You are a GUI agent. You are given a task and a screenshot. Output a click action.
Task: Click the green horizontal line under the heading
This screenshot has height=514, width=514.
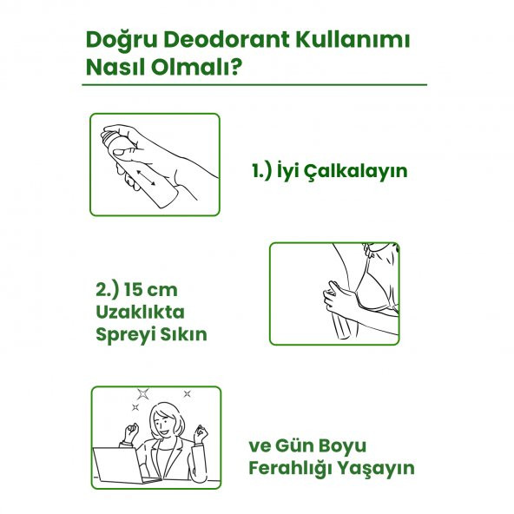(255, 85)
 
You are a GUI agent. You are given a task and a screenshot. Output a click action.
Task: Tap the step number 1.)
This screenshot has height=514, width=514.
(262, 171)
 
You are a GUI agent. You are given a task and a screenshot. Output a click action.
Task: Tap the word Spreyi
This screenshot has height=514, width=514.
(126, 334)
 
